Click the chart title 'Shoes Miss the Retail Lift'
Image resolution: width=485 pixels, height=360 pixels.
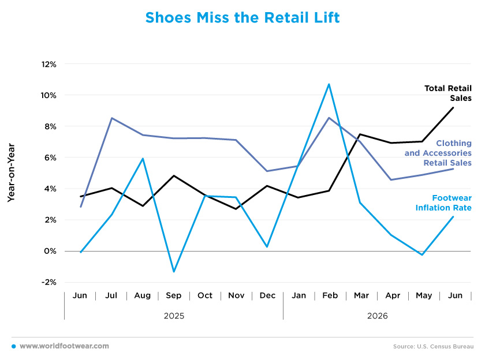point(242,17)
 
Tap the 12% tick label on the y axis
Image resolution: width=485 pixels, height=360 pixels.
point(49,64)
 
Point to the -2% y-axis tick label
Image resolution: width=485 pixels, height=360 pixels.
point(49,282)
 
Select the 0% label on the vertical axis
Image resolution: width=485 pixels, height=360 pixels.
point(50,251)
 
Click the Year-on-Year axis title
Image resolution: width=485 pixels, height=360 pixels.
point(11,172)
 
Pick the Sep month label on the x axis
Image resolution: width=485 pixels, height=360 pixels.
point(174,295)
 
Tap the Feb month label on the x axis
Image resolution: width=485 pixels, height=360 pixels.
point(330,295)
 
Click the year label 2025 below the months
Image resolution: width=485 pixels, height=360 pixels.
point(174,316)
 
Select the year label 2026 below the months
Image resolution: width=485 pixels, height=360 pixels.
point(378,316)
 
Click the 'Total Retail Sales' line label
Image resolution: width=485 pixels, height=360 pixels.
point(448,93)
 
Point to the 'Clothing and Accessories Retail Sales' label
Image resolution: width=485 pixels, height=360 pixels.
point(438,153)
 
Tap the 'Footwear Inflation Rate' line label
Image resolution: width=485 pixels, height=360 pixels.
point(443,202)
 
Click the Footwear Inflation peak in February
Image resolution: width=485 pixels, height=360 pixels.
point(329,84)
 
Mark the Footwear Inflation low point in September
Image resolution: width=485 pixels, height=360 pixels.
point(174,271)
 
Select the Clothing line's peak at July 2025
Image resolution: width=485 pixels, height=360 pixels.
point(111,118)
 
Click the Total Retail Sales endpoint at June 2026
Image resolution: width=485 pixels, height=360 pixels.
point(453,107)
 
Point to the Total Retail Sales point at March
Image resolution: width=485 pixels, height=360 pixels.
point(360,134)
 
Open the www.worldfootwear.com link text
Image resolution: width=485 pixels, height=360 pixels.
point(64,346)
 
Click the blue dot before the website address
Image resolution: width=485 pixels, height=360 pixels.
point(14,346)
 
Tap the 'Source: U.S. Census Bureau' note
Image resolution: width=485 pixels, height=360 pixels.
point(434,346)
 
